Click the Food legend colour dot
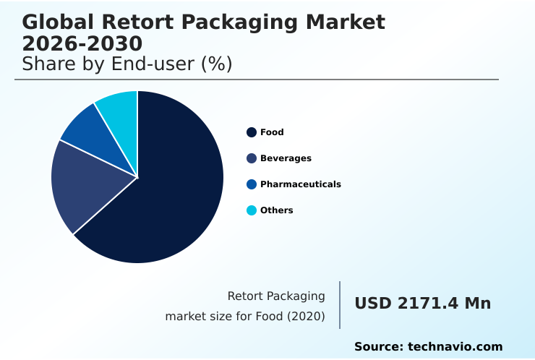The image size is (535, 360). [251, 132]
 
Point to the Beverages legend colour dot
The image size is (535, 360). [251, 158]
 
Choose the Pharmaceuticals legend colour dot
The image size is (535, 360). [251, 184]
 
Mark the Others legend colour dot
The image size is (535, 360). [251, 210]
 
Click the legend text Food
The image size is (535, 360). [272, 132]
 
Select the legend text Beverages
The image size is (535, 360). [286, 158]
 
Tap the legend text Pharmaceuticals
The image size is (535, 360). [300, 184]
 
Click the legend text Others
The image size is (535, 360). [276, 210]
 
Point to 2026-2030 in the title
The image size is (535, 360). [82, 44]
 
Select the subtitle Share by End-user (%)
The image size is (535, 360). [127, 64]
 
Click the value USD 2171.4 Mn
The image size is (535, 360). [422, 304]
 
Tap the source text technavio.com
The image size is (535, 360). [455, 347]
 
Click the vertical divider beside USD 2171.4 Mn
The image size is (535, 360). [340, 305]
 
